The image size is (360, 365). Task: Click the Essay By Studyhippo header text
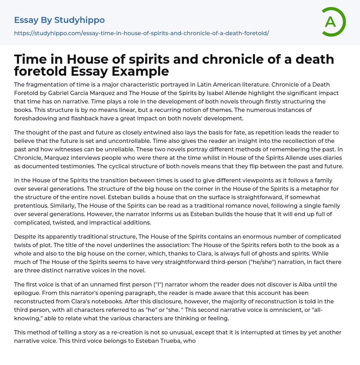point(59,20)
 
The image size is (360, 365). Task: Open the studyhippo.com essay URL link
point(141,33)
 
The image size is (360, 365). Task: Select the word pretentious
point(31,206)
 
